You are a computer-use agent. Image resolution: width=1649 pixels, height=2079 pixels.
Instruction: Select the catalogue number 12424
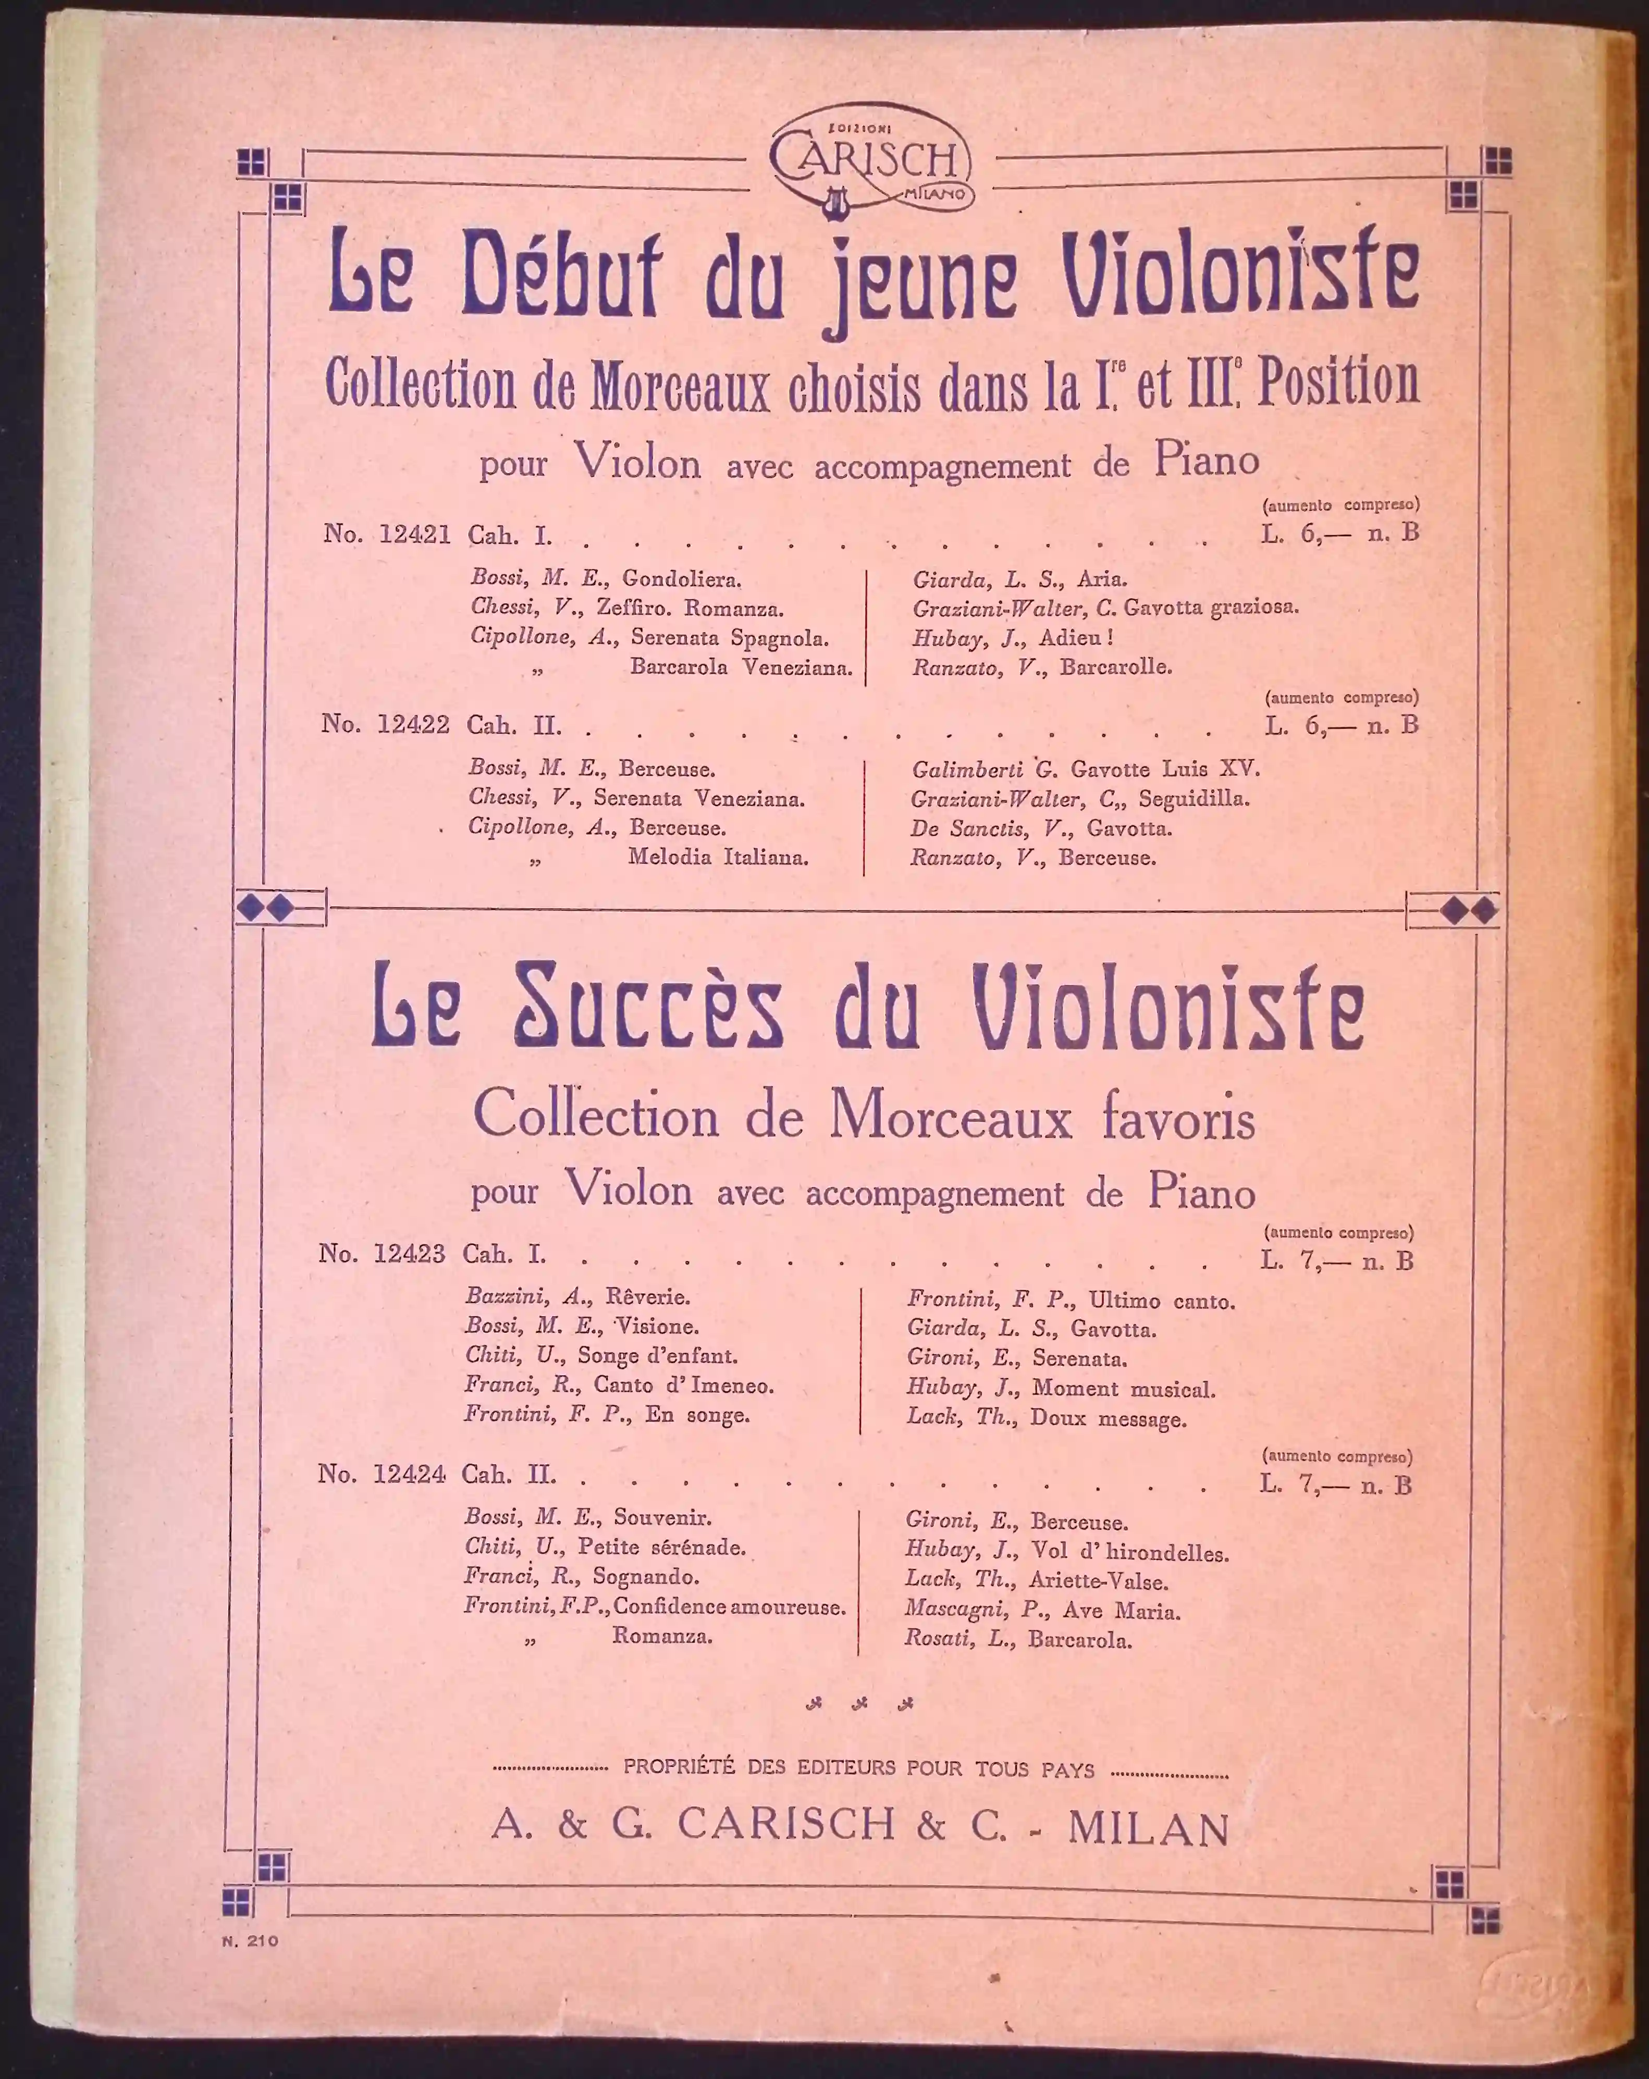pos(409,1474)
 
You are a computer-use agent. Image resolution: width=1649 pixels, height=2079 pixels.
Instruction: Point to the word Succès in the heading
pos(647,1008)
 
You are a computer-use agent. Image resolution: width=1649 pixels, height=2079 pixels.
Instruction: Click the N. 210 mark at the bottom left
pos(250,1941)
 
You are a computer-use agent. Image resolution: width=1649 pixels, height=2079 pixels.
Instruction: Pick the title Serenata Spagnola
pos(729,638)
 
